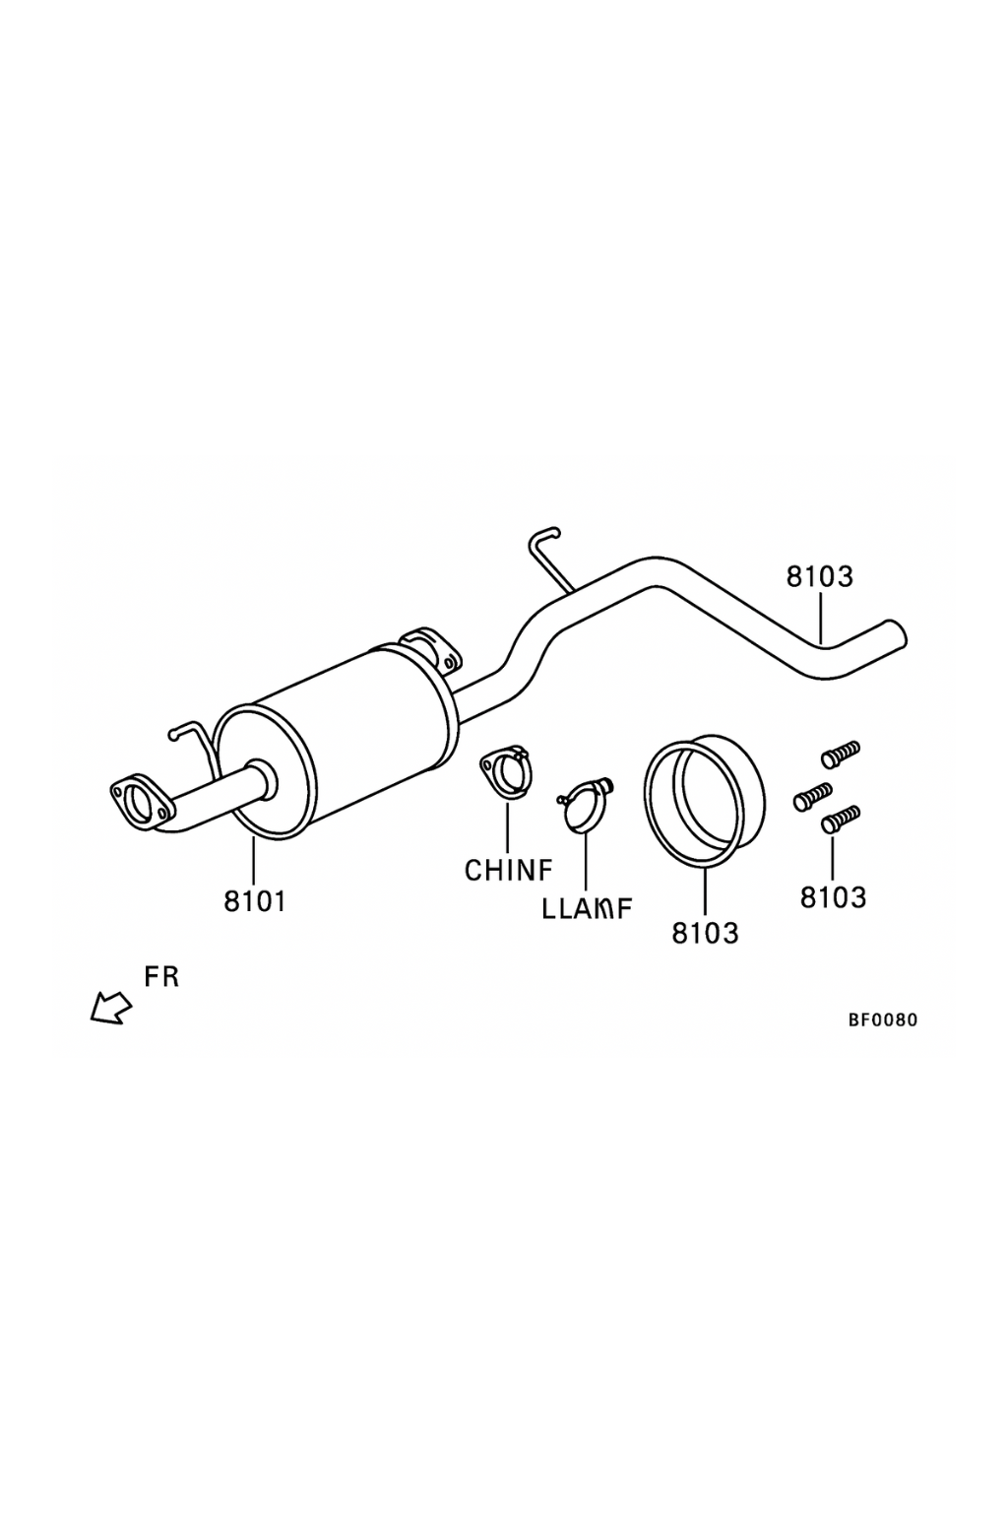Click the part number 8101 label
pyautogui.click(x=254, y=900)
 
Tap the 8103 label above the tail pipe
pyautogui.click(x=819, y=576)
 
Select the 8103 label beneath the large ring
pyautogui.click(x=705, y=932)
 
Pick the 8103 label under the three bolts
pyautogui.click(x=833, y=897)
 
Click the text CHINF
pyautogui.click(x=508, y=870)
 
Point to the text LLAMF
pyautogui.click(x=587, y=909)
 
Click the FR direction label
pyautogui.click(x=161, y=977)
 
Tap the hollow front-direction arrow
pyautogui.click(x=110, y=1008)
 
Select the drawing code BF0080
pyautogui.click(x=883, y=1020)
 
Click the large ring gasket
pyautogui.click(x=704, y=803)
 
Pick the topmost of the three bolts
pyautogui.click(x=841, y=754)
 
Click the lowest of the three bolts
pyautogui.click(x=841, y=817)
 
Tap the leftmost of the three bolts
pyautogui.click(x=813, y=796)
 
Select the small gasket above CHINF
pyautogui.click(x=507, y=770)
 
